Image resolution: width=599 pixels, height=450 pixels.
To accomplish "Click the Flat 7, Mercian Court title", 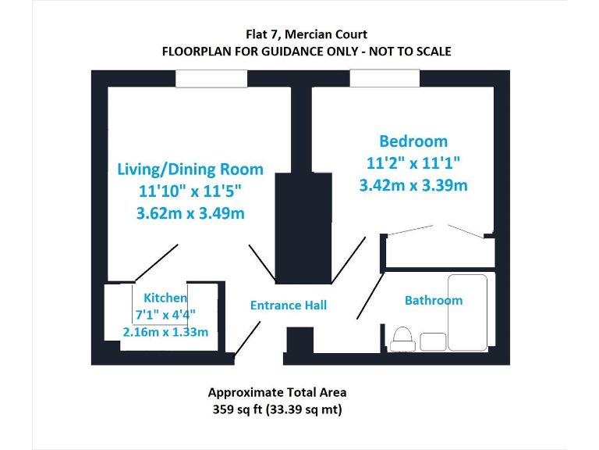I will click(x=306, y=34).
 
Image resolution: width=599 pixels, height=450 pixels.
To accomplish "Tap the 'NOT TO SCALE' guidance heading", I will click(x=306, y=52).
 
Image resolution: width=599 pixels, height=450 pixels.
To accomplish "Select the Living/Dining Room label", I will click(x=190, y=169).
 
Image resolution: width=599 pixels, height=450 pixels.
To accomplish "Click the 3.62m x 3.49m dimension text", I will click(x=190, y=213).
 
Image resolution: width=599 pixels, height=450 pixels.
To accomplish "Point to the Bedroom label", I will click(x=413, y=141).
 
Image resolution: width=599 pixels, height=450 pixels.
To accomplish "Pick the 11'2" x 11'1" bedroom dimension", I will click(x=413, y=163).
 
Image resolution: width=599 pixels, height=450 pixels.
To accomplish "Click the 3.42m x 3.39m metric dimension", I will click(x=413, y=185).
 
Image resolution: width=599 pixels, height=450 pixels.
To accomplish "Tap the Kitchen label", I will click(x=165, y=298).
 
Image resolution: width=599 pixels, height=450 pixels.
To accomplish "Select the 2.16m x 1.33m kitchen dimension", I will click(x=165, y=332).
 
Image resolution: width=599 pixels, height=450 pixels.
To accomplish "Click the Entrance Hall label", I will click(x=289, y=305).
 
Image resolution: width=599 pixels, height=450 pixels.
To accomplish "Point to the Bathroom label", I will click(x=433, y=300).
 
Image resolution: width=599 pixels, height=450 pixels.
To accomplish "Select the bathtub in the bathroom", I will click(x=467, y=312).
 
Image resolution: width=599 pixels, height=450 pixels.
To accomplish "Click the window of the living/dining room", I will click(x=200, y=79).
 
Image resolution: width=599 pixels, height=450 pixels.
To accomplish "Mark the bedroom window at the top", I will click(x=385, y=79).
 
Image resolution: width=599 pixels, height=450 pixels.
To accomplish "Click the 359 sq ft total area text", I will click(x=277, y=409).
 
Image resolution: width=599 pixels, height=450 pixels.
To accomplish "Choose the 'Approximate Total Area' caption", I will click(x=277, y=392).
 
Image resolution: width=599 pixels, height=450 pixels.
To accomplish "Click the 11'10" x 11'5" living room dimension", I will click(x=190, y=191).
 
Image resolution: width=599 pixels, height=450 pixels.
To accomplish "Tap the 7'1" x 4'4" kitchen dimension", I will click(x=165, y=315).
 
